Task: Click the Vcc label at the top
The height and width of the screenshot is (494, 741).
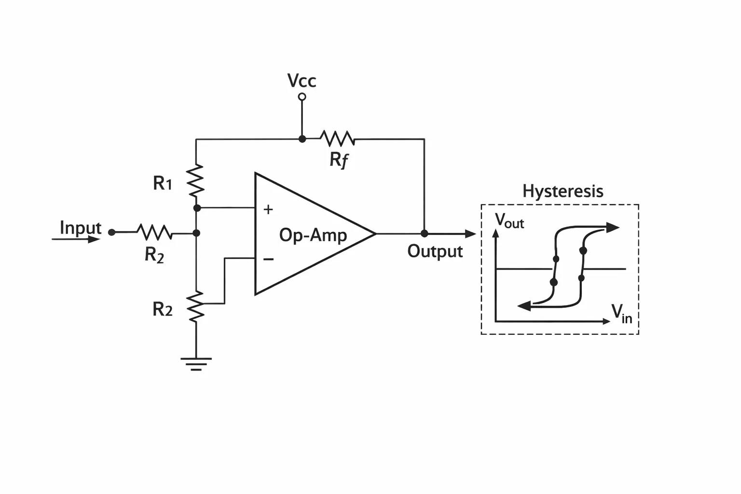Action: tap(302, 81)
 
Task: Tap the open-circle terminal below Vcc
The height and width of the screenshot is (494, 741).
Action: tap(302, 96)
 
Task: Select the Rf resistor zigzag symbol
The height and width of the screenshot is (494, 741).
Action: tap(337, 138)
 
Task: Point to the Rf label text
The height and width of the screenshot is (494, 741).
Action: tap(339, 160)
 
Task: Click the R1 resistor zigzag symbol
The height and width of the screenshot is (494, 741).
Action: tap(196, 180)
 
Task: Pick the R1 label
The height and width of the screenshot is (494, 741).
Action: tap(163, 183)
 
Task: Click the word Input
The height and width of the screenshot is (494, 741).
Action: tap(81, 228)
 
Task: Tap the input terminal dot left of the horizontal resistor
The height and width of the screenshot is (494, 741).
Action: tap(112, 233)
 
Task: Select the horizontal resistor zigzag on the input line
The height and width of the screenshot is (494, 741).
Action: tap(154, 232)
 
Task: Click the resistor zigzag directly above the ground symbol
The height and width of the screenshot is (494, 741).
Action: tap(196, 306)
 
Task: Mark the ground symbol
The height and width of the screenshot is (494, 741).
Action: tap(196, 364)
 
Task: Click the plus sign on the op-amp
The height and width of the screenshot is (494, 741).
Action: tap(268, 209)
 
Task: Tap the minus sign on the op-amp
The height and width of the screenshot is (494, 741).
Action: tap(268, 259)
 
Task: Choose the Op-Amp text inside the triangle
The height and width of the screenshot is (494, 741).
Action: tap(313, 235)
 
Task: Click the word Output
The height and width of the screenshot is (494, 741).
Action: tap(435, 251)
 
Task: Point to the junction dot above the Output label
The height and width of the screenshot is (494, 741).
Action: tap(425, 233)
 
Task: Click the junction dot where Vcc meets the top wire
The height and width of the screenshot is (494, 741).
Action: tap(302, 139)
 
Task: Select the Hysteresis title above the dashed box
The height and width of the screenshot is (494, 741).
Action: tap(563, 192)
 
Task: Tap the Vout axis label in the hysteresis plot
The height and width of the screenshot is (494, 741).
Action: tap(509, 220)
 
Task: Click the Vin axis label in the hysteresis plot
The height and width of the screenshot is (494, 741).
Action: tap(621, 314)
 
